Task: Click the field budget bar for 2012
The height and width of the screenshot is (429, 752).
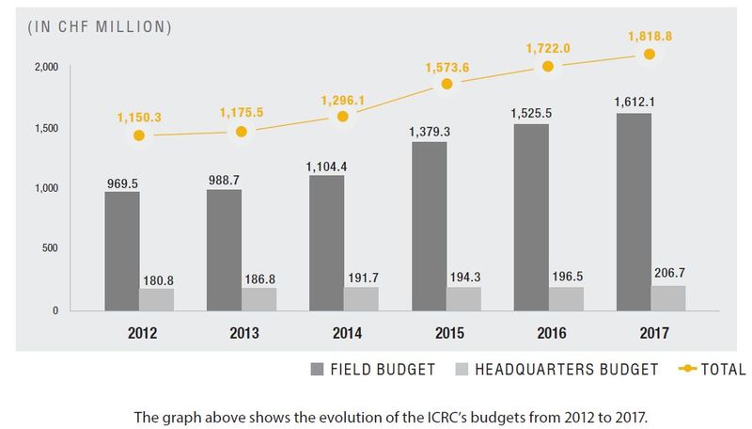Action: click(122, 251)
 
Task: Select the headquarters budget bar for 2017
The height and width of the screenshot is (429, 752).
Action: click(668, 297)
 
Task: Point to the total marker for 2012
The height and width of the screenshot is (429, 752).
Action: click(139, 135)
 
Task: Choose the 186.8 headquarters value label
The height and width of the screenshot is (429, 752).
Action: click(258, 278)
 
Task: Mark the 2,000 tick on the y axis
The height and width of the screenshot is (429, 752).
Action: click(47, 68)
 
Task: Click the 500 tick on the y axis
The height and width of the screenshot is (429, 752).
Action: click(49, 248)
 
